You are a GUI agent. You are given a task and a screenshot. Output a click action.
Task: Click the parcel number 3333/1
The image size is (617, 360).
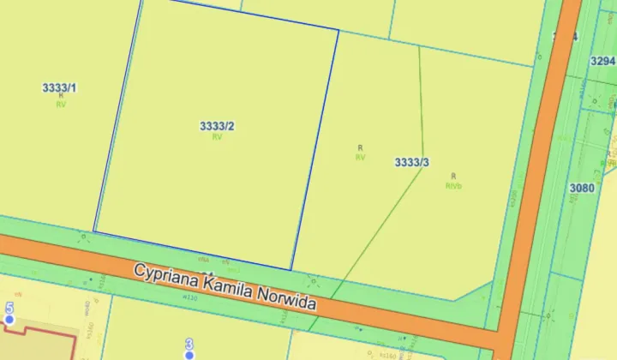[x=59, y=87]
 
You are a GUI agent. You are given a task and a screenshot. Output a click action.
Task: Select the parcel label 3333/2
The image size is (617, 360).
[x=217, y=126]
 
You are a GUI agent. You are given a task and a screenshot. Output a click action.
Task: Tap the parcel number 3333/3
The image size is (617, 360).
[x=411, y=162]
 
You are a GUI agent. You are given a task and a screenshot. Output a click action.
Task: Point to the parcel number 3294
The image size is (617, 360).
[x=603, y=61]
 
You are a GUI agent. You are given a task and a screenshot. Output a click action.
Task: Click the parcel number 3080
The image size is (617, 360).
[x=582, y=188]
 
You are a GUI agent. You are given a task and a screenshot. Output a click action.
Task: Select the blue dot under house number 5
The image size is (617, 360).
[x=9, y=320]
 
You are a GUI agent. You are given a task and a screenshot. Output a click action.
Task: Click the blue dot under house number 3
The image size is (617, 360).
[x=189, y=354]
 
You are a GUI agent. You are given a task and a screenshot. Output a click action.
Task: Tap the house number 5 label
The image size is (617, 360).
[x=9, y=308]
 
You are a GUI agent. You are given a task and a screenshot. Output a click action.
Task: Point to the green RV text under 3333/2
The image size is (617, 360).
[x=217, y=137]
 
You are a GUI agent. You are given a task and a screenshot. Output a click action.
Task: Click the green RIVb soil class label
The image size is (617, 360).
[x=453, y=185]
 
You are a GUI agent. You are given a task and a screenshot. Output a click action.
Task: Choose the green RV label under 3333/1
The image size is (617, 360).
[x=60, y=105]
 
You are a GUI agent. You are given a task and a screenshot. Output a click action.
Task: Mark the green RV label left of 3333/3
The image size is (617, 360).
[x=360, y=158]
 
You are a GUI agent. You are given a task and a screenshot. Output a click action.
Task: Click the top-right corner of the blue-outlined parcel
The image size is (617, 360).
[x=338, y=31]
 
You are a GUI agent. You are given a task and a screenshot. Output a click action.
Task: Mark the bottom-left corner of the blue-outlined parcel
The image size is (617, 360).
[x=93, y=232]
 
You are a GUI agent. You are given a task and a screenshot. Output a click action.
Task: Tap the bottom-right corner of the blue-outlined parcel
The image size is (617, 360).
[x=291, y=269]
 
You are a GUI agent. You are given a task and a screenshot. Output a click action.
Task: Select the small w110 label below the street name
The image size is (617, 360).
[x=189, y=297]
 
